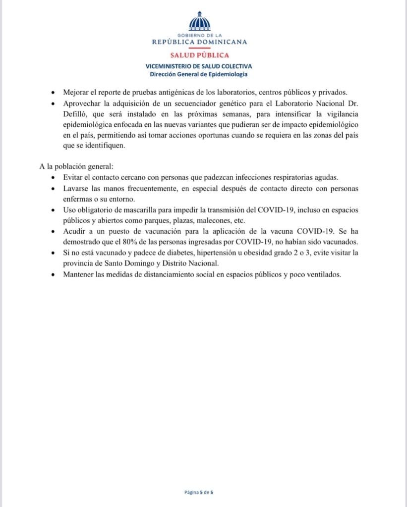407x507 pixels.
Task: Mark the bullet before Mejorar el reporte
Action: pyautogui.click(x=54, y=93)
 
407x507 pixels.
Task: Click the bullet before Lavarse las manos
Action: pyautogui.click(x=54, y=189)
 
